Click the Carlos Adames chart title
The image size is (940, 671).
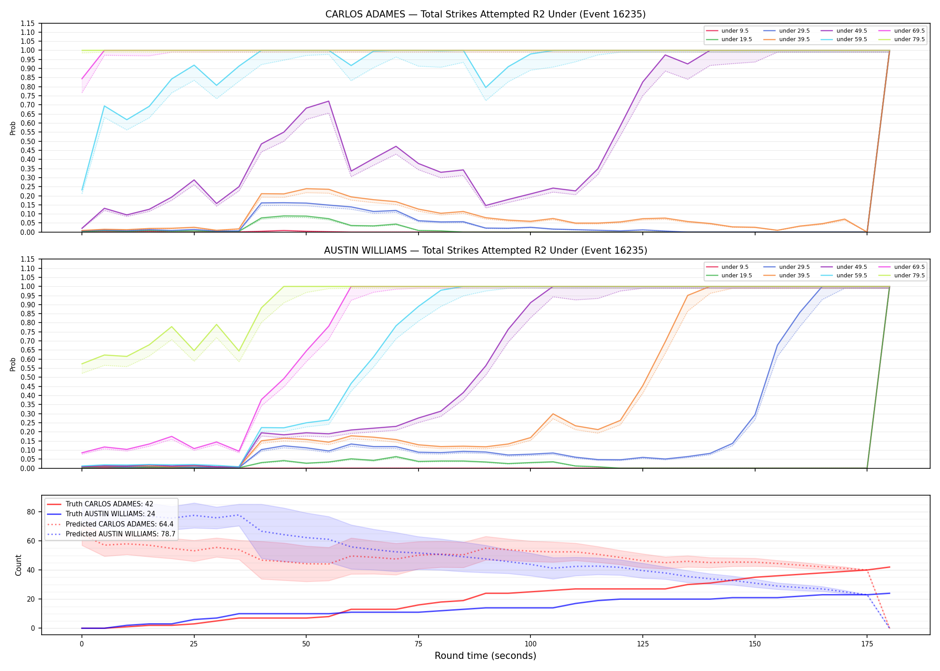tap(485, 14)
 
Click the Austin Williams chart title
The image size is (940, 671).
tap(485, 251)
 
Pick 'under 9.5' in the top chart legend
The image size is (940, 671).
tap(735, 31)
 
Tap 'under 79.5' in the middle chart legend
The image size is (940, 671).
tap(909, 276)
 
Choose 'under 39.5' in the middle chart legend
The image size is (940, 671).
tap(794, 276)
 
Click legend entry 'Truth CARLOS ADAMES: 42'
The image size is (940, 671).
tap(109, 504)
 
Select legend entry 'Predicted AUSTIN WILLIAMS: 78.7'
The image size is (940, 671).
tap(120, 534)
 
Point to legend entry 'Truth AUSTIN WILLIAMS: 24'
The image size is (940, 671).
tap(110, 514)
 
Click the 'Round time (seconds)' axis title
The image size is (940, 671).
tap(485, 656)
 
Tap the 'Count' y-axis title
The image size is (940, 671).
tap(18, 565)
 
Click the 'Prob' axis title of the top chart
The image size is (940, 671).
tap(13, 128)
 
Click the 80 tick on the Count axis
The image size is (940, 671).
tap(31, 512)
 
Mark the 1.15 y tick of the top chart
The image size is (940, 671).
tap(28, 23)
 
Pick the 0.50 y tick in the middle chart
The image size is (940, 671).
tap(28, 378)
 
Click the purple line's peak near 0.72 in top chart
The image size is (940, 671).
tap(329, 101)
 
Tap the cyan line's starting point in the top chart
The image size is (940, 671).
tap(82, 190)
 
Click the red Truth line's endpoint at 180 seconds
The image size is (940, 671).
tap(889, 567)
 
